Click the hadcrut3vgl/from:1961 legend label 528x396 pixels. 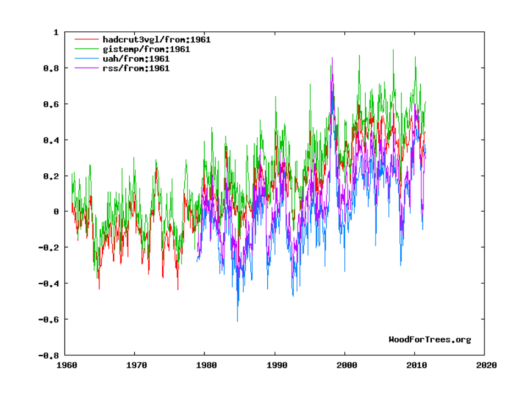[x=156, y=40]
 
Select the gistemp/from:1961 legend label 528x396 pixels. [x=146, y=49]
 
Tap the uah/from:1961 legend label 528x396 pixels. [x=136, y=59]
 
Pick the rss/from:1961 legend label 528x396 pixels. [x=136, y=68]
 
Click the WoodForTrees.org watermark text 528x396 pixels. [x=430, y=339]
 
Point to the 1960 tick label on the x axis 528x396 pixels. [x=66, y=365]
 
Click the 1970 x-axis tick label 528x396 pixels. [x=136, y=365]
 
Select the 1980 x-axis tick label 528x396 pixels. [x=206, y=365]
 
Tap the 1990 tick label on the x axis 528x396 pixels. [x=276, y=365]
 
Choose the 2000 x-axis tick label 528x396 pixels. [x=345, y=365]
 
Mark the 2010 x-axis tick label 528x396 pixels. [x=415, y=365]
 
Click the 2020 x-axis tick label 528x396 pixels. [x=485, y=365]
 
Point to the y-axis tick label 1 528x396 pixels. [x=55, y=32]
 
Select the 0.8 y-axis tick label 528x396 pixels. [x=51, y=68]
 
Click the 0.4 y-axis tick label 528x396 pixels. [x=51, y=140]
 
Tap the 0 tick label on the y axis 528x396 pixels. [x=55, y=212]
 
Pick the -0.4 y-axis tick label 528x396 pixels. [x=48, y=284]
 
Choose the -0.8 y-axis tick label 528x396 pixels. [x=48, y=356]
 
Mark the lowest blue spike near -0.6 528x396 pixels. [x=238, y=320]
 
